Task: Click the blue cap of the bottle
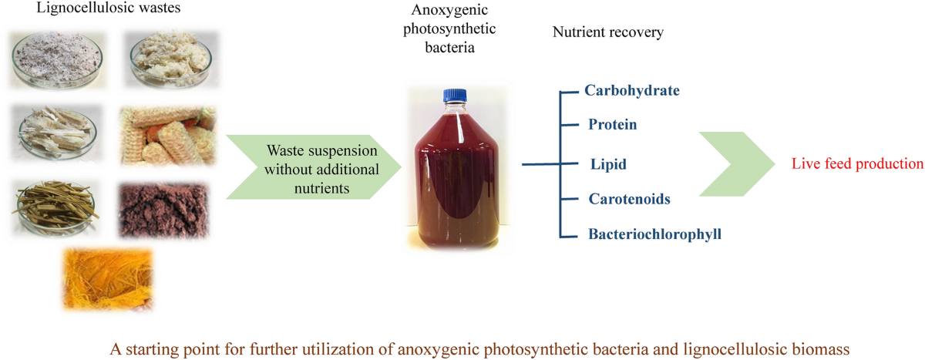[451, 97]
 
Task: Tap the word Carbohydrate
[632, 90]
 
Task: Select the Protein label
[612, 124]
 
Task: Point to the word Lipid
[604, 163]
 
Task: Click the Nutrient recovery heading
[607, 34]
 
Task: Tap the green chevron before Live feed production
[736, 163]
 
